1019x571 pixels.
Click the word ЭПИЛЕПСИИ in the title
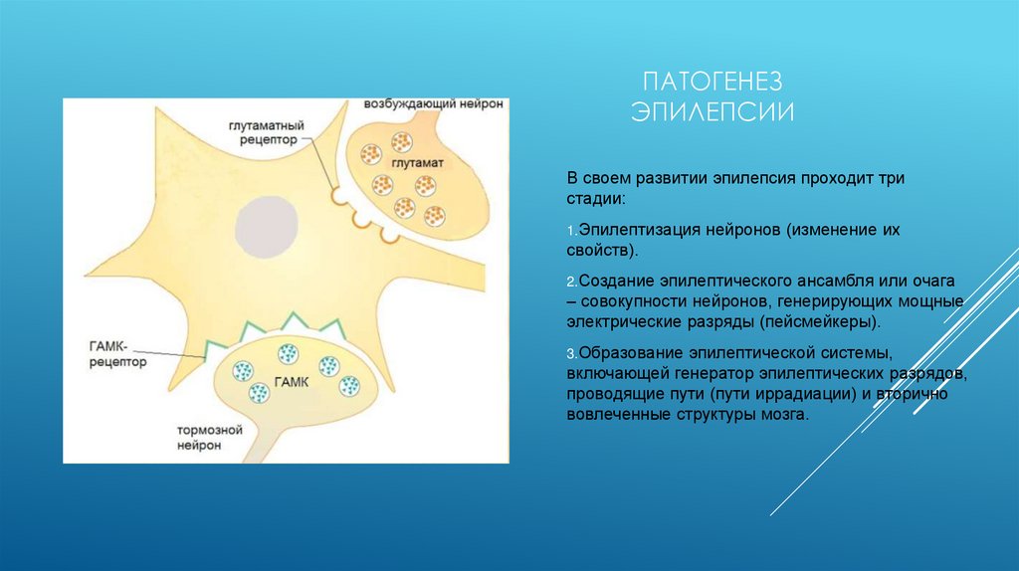(x=713, y=110)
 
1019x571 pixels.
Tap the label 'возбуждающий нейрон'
(x=434, y=104)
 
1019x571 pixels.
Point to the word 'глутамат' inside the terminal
(x=418, y=161)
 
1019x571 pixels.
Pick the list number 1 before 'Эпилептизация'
(x=571, y=231)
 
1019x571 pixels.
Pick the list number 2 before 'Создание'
(x=571, y=283)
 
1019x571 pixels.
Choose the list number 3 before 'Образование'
(x=571, y=354)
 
